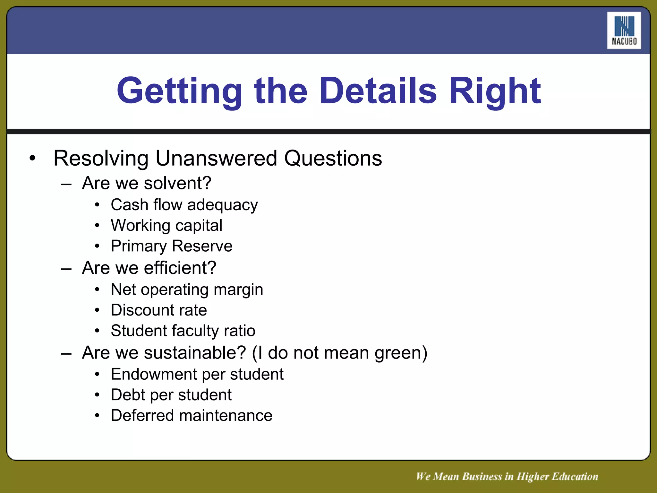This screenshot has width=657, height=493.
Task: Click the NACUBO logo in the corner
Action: click(624, 30)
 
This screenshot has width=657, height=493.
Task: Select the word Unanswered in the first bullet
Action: click(216, 158)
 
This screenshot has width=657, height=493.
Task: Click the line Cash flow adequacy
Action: click(184, 205)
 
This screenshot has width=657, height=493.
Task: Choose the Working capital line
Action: click(166, 225)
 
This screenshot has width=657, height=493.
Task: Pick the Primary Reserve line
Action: click(171, 246)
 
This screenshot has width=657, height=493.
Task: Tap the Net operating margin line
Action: click(187, 290)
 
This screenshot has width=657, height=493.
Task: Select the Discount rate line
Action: click(159, 310)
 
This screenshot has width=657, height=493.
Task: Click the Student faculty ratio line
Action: click(183, 331)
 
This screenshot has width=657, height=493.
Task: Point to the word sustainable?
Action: click(195, 353)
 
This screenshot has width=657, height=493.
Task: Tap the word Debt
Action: click(128, 395)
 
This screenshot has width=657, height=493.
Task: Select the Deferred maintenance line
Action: click(192, 416)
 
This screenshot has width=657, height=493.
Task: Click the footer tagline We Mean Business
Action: click(507, 477)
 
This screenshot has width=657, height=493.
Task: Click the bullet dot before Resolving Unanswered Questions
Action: click(32, 158)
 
